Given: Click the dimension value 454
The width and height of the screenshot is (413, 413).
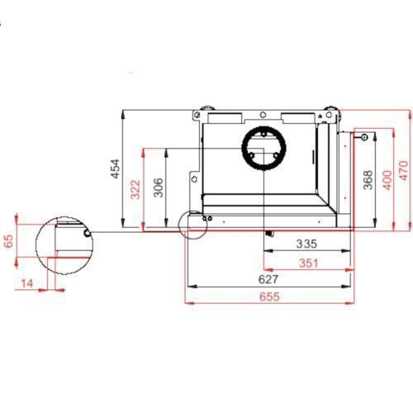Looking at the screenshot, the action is [x=116, y=169].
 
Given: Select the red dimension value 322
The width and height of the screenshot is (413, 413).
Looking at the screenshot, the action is [x=135, y=189].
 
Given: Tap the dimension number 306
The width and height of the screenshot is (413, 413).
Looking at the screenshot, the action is [x=159, y=188].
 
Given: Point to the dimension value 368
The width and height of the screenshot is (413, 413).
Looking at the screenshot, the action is [x=368, y=180].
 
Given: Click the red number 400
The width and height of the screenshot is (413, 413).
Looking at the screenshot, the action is [x=387, y=180].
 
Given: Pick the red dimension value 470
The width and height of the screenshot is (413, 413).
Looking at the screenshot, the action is [x=403, y=171].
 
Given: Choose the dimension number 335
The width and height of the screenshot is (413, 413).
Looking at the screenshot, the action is [x=306, y=244].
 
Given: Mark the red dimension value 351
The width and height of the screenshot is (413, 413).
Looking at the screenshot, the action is [x=309, y=263].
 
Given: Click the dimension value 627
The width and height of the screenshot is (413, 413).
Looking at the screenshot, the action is [x=268, y=280].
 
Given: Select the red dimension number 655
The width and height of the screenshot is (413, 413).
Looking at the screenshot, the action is [x=269, y=297].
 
